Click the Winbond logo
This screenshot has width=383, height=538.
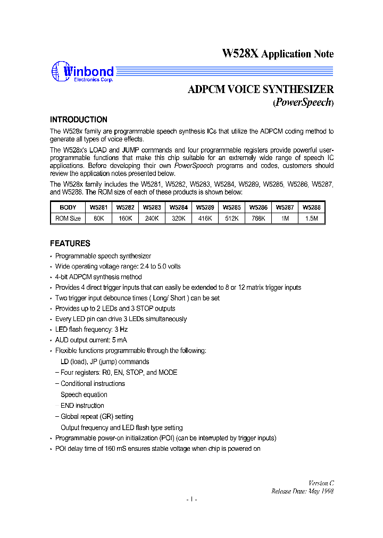pos(82,72)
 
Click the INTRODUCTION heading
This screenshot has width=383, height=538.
pos(78,120)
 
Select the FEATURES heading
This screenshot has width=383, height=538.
pos(70,243)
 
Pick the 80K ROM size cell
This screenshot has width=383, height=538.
pos(98,218)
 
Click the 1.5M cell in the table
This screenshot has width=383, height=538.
pos(311,218)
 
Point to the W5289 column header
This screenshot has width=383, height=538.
pos(204,208)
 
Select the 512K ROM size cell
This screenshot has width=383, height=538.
pos(231,218)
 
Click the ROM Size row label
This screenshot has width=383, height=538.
pos(68,218)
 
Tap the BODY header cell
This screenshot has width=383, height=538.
pos(68,208)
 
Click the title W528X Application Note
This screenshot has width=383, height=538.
pos(277,54)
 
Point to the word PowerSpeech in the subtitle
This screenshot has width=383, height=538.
pos(303,103)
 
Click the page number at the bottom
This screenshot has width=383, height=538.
pos(191,500)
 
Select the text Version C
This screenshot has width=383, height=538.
pos(321,483)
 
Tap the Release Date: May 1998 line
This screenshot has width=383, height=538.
pos(302,491)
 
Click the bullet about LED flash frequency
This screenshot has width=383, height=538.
pos(91,330)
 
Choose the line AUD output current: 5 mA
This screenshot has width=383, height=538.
pos(91,340)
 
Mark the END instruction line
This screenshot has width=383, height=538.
pos(82,406)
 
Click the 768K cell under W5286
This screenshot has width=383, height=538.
pos(258,218)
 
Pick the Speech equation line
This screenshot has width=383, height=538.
pos(84,394)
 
